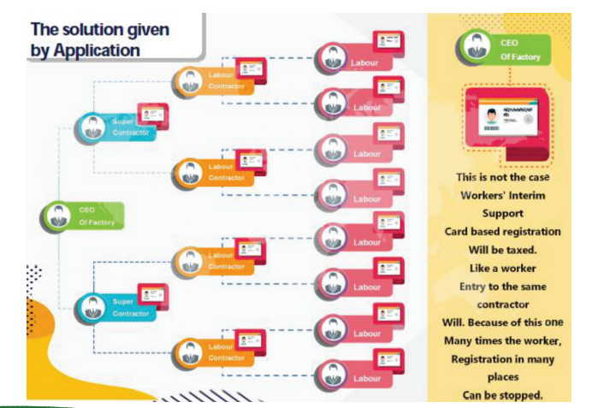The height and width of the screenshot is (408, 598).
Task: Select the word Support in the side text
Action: coord(501,214)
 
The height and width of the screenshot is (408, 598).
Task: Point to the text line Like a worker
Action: coord(501,268)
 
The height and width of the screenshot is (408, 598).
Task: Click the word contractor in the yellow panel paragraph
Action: coord(501,305)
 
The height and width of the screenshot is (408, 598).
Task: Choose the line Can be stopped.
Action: coord(501,395)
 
